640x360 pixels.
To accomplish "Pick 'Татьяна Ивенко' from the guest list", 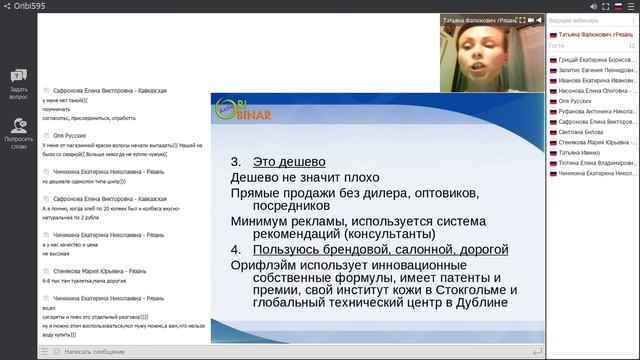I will pyautogui.click(x=581, y=151).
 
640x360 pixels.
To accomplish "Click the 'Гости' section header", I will pyautogui.click(x=557, y=45).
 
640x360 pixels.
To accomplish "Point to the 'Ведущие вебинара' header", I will pyautogui.click(x=574, y=20).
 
